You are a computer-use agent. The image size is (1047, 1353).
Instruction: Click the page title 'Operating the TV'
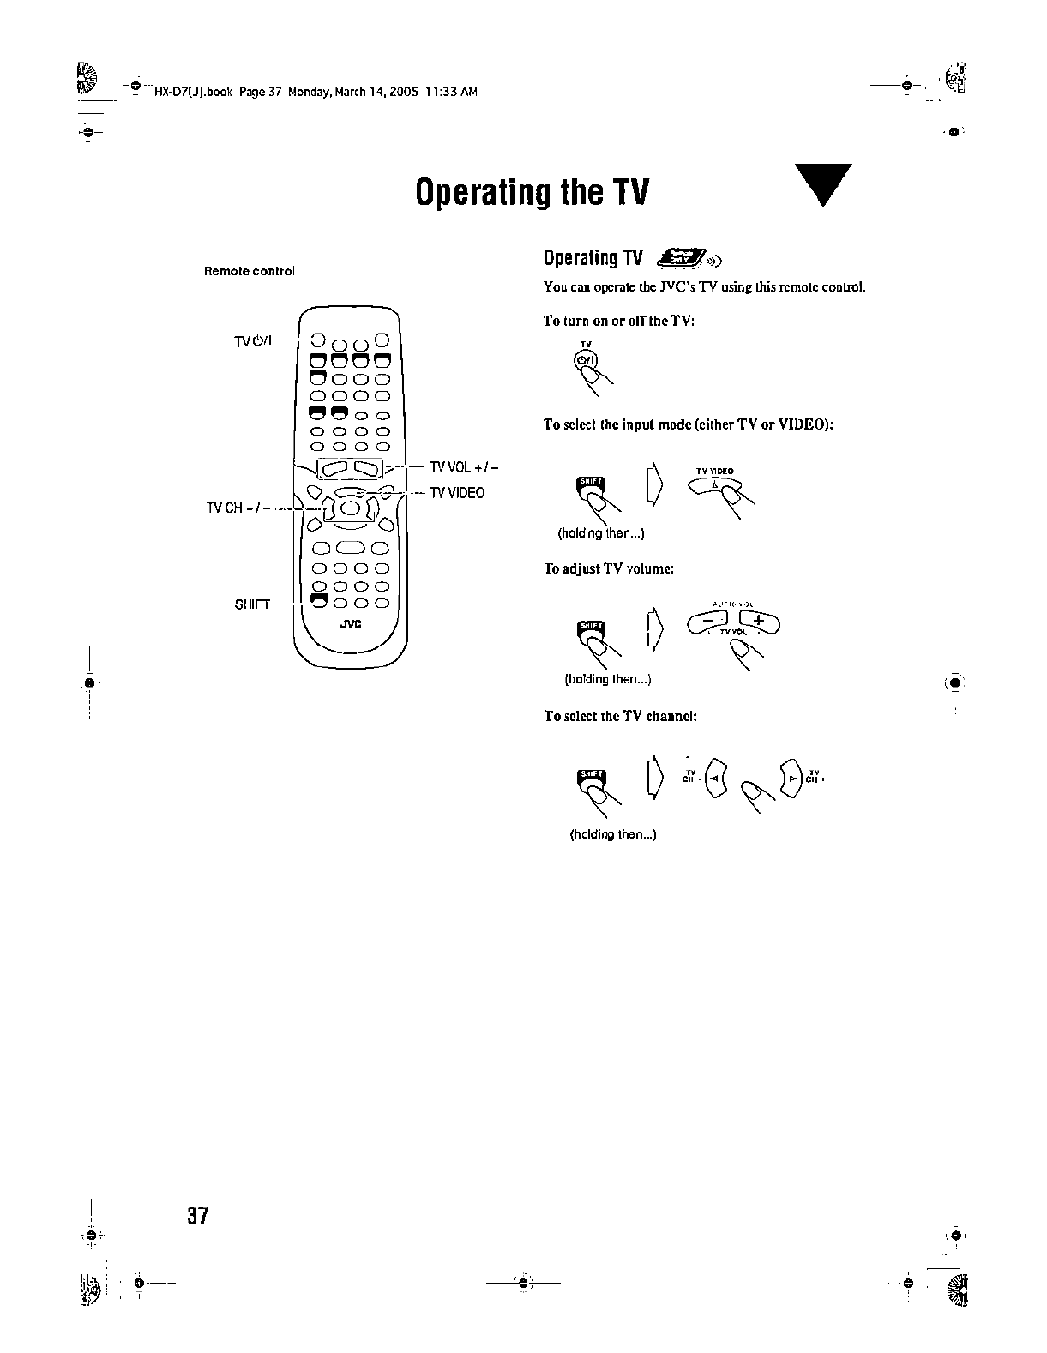[532, 193]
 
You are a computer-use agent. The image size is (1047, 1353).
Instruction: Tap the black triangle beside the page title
[821, 184]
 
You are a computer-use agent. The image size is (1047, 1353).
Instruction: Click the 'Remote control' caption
[249, 271]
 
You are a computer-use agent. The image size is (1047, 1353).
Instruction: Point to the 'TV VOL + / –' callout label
[464, 467]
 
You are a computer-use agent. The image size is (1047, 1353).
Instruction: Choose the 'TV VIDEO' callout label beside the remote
[457, 492]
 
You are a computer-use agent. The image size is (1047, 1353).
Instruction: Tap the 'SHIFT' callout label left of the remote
[252, 604]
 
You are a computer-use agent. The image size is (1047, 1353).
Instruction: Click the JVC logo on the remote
[350, 623]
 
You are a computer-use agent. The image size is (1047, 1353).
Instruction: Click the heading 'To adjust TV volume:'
[609, 568]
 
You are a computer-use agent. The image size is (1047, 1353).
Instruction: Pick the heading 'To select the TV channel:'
[620, 716]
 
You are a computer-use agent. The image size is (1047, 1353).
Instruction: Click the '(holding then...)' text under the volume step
[608, 679]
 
